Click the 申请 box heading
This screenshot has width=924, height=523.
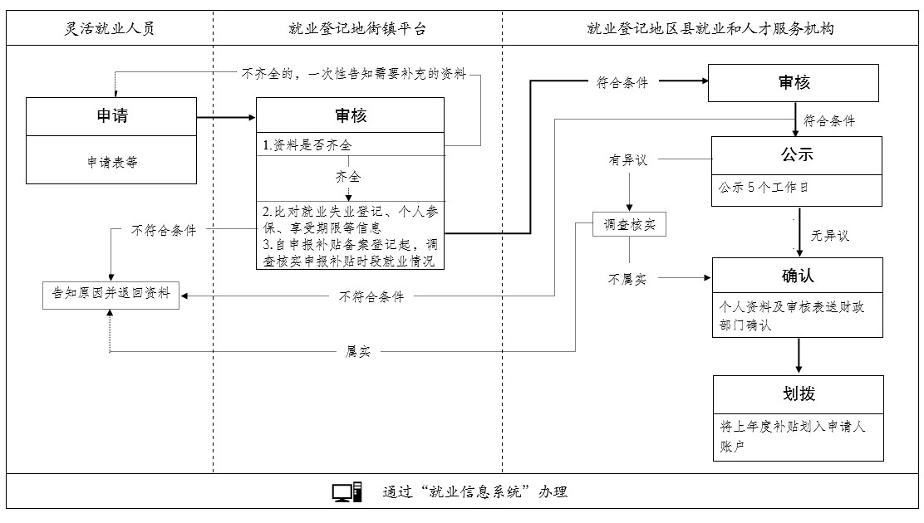[x=112, y=116]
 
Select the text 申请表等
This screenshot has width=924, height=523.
[x=112, y=163]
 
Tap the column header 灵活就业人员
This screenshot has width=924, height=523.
[x=111, y=29]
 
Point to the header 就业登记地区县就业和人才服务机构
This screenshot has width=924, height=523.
[x=710, y=29]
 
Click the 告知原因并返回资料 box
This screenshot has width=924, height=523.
[x=111, y=293]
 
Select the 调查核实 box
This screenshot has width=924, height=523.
[x=629, y=224]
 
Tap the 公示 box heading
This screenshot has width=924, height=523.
[x=796, y=154]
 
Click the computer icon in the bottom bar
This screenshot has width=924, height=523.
[x=346, y=492]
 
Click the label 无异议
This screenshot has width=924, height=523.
[x=829, y=236]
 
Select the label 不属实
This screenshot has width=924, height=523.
[x=628, y=279]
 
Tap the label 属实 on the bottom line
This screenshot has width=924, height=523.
[x=358, y=352]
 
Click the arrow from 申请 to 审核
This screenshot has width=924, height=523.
[x=226, y=117]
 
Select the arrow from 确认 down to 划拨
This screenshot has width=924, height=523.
[x=799, y=356]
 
